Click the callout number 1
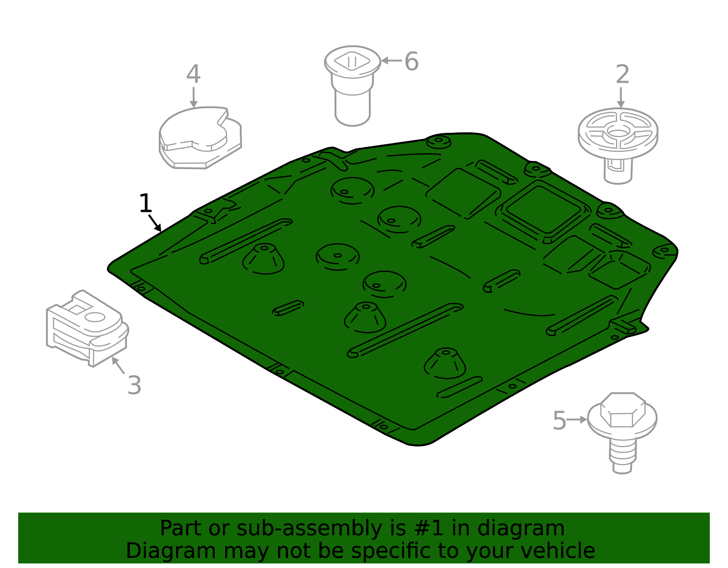tap(146, 203)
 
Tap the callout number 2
tap(622, 74)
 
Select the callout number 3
tap(134, 385)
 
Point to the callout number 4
tap(193, 74)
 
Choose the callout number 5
tap(559, 420)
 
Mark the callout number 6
tap(411, 61)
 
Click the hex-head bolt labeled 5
tap(622, 433)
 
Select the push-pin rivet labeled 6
tap(353, 86)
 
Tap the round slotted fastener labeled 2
tap(618, 146)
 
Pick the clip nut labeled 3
tap(87, 328)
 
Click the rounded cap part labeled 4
tap(200, 137)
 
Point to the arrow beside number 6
tap(391, 60)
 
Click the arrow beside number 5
tap(576, 419)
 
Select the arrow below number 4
tap(193, 97)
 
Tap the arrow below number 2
tap(621, 97)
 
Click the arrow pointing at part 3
tap(118, 365)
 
